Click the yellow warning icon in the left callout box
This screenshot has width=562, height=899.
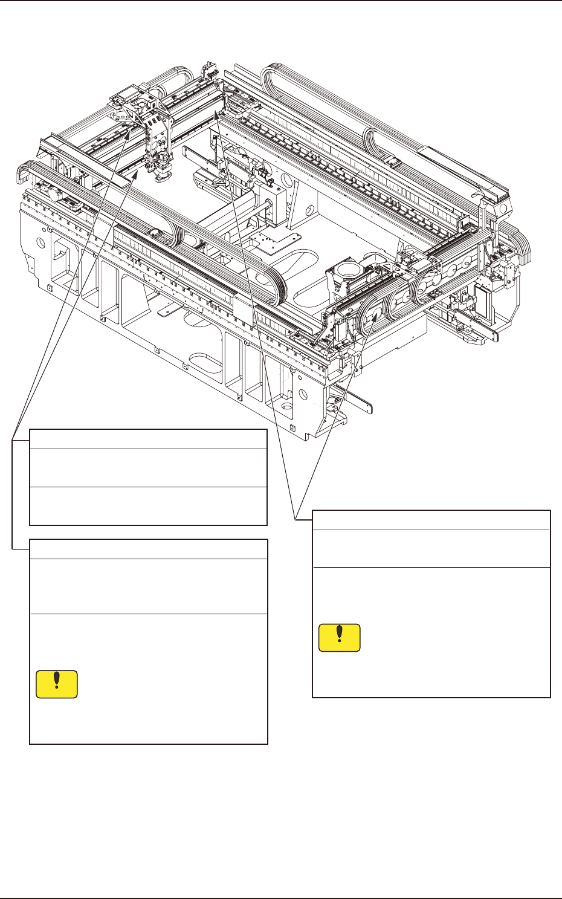(x=57, y=684)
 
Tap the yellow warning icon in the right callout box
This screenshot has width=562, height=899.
(x=340, y=638)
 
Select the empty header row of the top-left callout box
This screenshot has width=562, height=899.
(x=148, y=439)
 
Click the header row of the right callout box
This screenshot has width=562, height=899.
(x=431, y=520)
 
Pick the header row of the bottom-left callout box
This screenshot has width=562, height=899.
(x=148, y=549)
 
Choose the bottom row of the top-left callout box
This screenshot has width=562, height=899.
(x=148, y=506)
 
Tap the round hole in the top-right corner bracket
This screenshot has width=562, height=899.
(x=503, y=207)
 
